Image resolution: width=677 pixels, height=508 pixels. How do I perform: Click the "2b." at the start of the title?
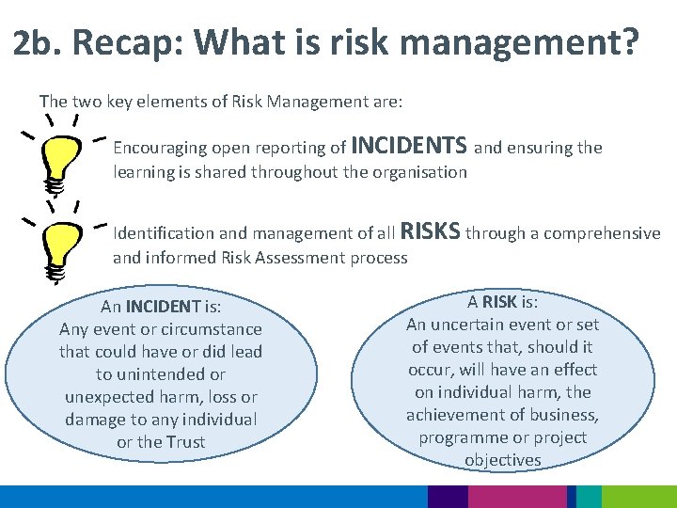point(38,42)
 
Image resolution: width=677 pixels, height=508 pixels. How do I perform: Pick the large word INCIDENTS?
point(408,146)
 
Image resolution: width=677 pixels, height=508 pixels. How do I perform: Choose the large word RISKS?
point(430,231)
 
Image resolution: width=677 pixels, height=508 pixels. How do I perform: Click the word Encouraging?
point(159,149)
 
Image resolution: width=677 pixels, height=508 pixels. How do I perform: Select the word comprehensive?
point(602,233)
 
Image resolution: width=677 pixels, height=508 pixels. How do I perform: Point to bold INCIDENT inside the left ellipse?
point(164,306)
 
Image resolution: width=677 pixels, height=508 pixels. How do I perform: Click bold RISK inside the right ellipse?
point(501,302)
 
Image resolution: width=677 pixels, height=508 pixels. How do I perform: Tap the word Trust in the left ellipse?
point(185,442)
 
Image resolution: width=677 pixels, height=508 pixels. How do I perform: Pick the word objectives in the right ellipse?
point(502,460)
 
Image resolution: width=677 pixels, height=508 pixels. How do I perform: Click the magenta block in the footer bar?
point(516,497)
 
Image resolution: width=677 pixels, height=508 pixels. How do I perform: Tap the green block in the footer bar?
point(638,497)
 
